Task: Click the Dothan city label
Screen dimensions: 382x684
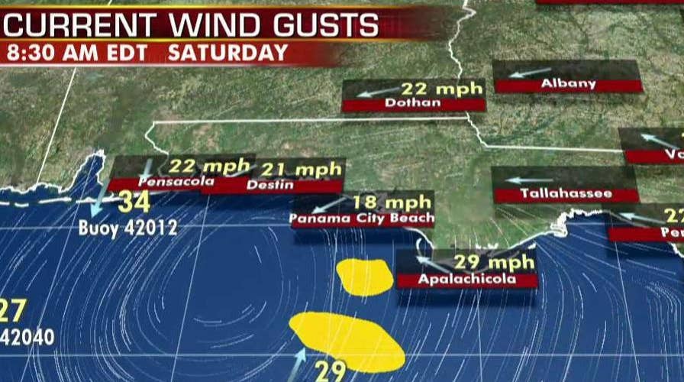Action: tap(413, 102)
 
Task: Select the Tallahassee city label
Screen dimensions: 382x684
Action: tap(566, 194)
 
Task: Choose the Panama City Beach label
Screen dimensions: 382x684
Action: tap(362, 219)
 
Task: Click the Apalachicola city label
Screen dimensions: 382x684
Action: tap(466, 280)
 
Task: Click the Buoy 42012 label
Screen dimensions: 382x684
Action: tap(128, 228)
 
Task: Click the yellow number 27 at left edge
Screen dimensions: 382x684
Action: tap(13, 310)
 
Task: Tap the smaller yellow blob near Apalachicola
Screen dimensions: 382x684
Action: tap(365, 277)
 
